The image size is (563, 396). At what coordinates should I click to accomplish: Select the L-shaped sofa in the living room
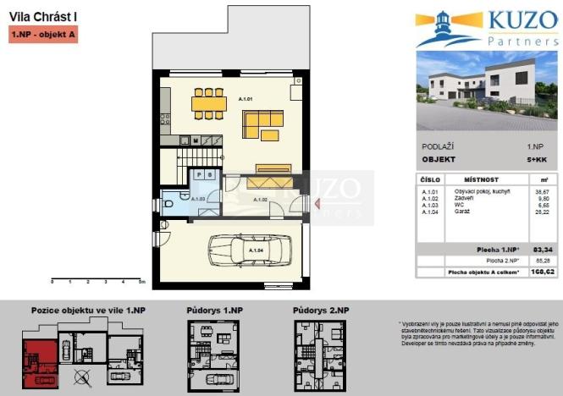[263, 125]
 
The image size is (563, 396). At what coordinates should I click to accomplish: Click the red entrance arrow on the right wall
[317, 203]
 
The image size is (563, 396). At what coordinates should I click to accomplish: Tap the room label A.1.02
[259, 200]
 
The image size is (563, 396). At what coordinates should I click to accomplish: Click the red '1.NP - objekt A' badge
[43, 36]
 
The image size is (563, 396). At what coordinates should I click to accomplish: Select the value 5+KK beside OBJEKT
[535, 159]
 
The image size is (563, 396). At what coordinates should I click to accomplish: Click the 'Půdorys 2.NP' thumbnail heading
[320, 311]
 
